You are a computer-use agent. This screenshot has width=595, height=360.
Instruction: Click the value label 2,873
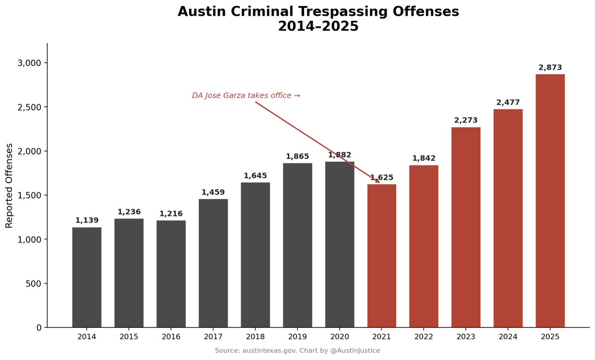(550, 68)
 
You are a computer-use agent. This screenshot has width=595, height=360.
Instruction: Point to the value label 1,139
(87, 220)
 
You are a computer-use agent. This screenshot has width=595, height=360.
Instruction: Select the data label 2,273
(466, 121)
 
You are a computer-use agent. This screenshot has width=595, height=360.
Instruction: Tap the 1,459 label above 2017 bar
(213, 192)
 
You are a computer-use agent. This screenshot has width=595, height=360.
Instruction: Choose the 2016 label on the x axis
(171, 337)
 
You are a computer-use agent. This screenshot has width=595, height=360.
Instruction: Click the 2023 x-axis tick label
(466, 337)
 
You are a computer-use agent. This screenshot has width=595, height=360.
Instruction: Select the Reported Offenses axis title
(9, 185)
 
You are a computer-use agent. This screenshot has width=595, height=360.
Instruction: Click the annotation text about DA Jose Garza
(246, 95)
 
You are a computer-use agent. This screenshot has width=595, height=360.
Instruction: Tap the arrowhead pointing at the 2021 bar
(378, 182)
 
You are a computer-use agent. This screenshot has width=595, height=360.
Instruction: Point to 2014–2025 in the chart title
(318, 26)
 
